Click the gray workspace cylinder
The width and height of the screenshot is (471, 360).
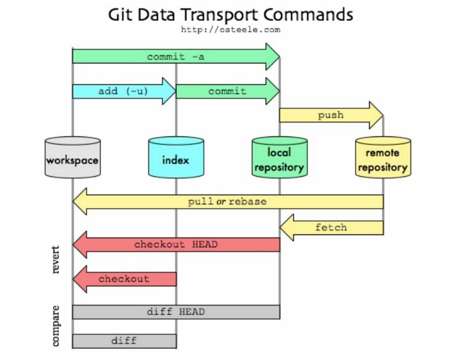click(72, 157)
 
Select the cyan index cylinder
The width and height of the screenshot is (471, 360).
click(176, 157)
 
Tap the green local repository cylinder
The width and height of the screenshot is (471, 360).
click(279, 157)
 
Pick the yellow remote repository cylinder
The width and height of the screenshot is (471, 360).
click(383, 157)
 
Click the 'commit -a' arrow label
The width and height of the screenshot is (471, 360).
click(175, 57)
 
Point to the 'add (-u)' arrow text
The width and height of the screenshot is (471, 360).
click(123, 91)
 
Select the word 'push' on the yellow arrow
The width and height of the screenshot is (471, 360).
click(330, 115)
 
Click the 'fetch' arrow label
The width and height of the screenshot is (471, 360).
click(331, 227)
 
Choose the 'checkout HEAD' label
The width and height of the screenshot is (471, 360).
click(175, 245)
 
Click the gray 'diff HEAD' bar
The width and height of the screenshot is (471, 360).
click(175, 312)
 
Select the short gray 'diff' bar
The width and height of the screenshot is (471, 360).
click(124, 340)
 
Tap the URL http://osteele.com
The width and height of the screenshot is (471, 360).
click(231, 30)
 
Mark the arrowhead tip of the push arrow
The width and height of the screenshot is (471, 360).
click(382, 115)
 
